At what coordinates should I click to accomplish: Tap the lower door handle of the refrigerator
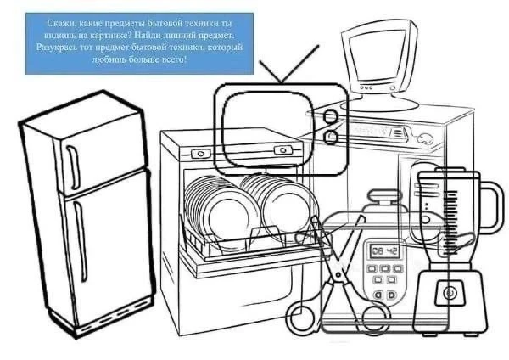81,240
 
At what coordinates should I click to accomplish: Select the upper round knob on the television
331,116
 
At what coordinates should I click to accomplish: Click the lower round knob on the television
331,137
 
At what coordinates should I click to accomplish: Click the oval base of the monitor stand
379,104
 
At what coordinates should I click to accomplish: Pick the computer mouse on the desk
425,139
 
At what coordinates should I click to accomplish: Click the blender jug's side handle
491,207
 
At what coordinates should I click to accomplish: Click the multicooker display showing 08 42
384,250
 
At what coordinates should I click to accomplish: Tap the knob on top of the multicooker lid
384,197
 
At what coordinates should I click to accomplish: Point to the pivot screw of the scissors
338,275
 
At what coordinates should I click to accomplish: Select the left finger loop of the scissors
300,316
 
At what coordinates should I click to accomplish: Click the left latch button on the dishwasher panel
200,154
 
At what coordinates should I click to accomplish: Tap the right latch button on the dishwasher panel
283,150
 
